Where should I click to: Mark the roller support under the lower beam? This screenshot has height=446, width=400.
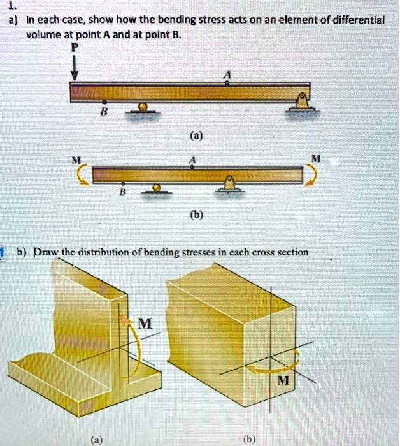pyautogui.click(x=155, y=189)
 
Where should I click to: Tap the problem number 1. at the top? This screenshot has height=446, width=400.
pyautogui.click(x=11, y=6)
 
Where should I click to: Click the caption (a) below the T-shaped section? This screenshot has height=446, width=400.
pyautogui.click(x=95, y=439)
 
